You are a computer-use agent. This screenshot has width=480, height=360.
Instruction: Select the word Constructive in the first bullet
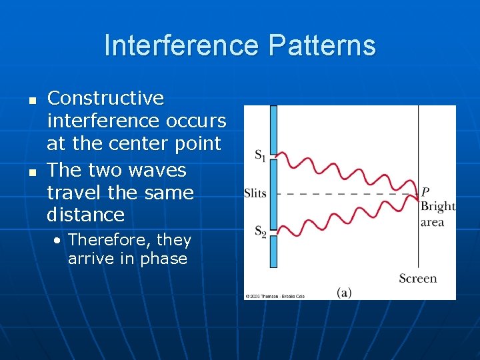(105, 98)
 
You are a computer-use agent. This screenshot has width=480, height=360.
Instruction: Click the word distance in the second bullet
(85, 215)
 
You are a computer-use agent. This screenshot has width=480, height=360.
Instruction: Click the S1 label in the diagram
(260, 156)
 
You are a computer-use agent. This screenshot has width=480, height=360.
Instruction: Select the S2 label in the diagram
(260, 232)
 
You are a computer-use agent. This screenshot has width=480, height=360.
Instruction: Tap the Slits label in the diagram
(255, 194)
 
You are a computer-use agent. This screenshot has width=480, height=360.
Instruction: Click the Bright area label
(437, 214)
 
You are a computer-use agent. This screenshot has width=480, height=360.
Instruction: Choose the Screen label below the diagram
(417, 279)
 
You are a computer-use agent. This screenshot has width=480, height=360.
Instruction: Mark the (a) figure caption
(344, 292)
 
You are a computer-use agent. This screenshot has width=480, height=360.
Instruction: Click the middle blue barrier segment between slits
(273, 194)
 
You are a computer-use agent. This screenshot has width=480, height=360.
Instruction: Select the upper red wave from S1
(347, 167)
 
